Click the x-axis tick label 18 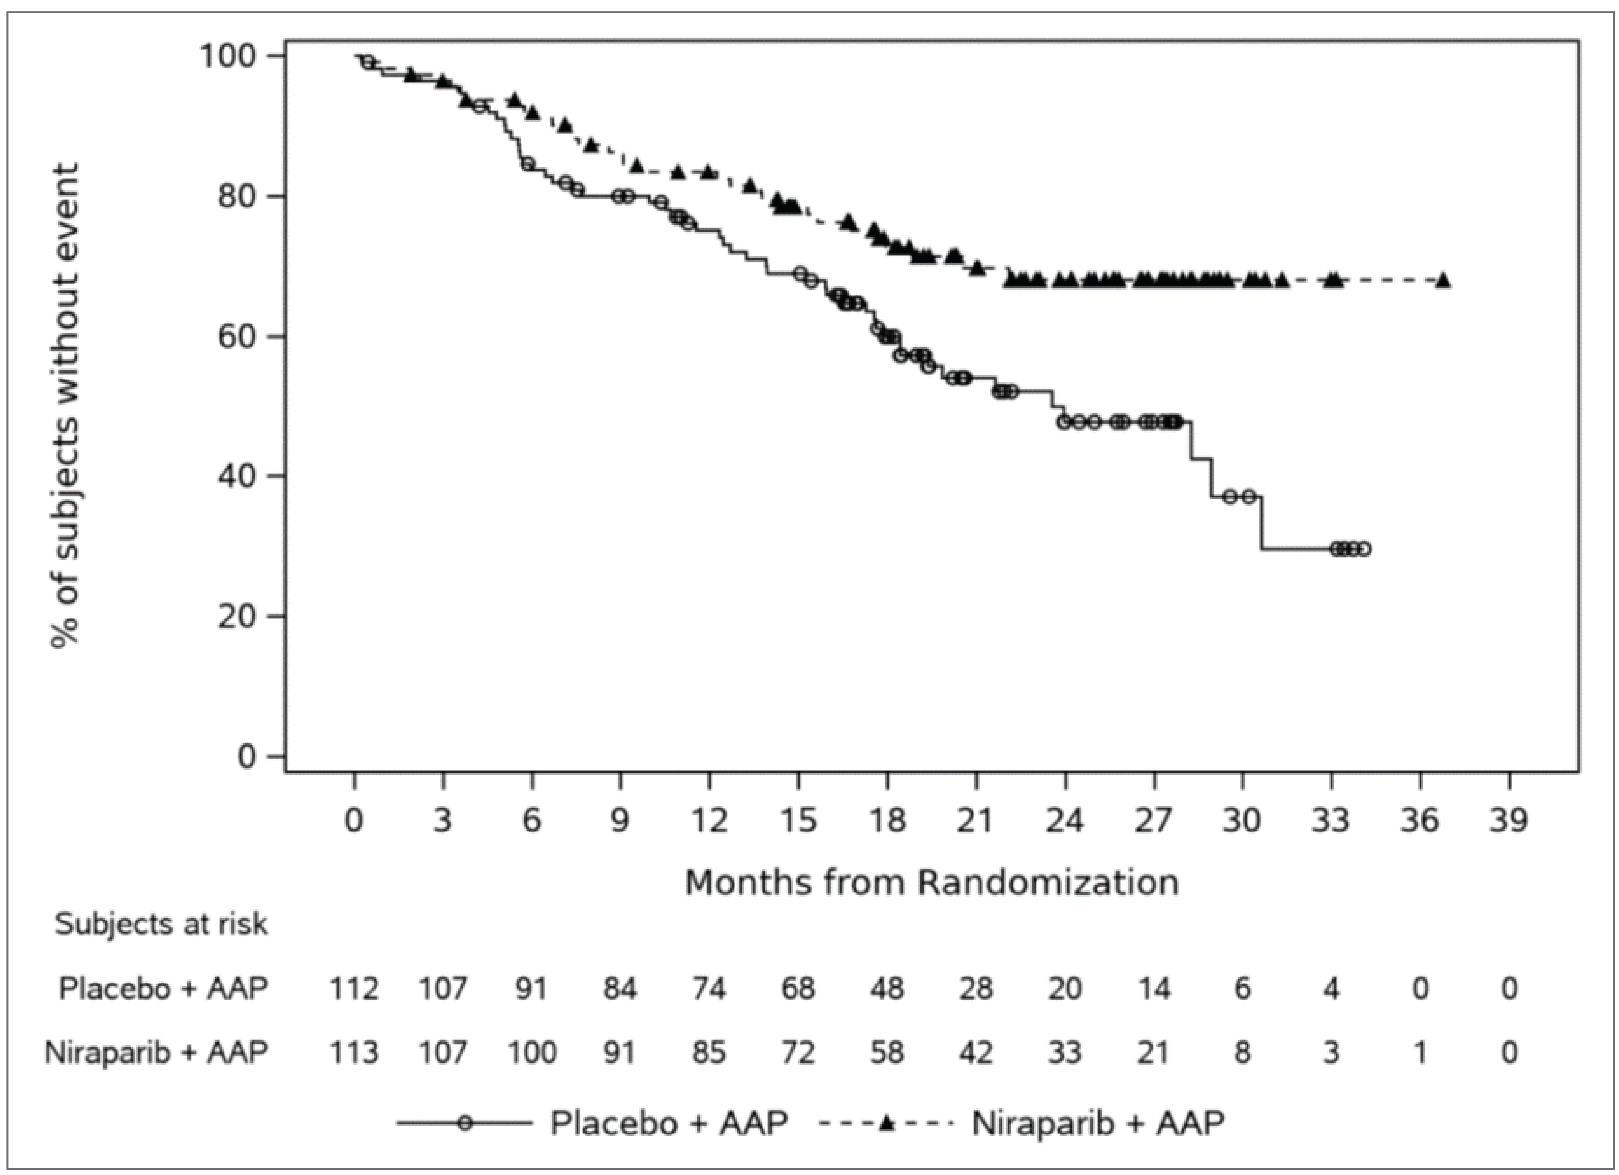887,821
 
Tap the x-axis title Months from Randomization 932,883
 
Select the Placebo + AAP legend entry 668,1123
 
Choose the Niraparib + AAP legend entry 1098,1123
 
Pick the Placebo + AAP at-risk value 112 354,988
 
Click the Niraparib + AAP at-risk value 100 532,1052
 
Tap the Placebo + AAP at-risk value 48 887,988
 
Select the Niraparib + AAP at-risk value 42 975,1052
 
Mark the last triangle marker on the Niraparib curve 1443,280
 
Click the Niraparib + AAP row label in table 156,1052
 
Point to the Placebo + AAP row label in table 163,988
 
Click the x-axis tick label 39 1508,821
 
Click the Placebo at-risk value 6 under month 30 1243,988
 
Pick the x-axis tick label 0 354,821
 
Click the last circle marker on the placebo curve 1363,549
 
